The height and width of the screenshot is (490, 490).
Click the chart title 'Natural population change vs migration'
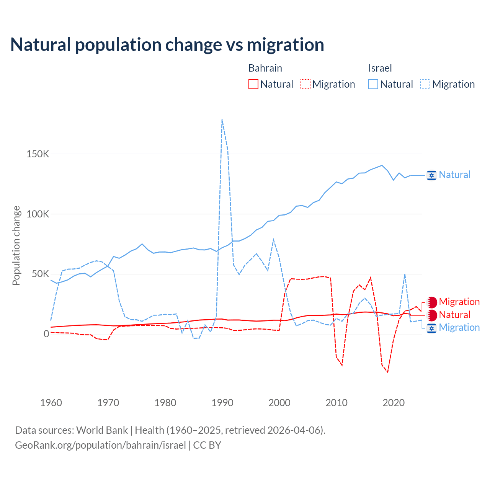pyautogui.click(x=167, y=45)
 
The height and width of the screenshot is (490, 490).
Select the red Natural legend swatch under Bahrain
pyautogui.click(x=253, y=84)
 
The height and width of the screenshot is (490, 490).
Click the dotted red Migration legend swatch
pyautogui.click(x=305, y=84)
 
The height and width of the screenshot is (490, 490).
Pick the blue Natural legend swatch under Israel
pyautogui.click(x=373, y=84)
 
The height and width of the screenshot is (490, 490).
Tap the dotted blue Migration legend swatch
pyautogui.click(x=425, y=84)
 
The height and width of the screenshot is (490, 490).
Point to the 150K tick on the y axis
pyautogui.click(x=38, y=154)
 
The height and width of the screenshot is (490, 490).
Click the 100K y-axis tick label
pyautogui.click(x=38, y=214)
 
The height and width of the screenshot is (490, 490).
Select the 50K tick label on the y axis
pyautogui.click(x=40, y=274)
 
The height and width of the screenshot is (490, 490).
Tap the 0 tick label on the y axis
pyautogui.click(x=46, y=334)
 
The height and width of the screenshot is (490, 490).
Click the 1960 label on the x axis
pyautogui.click(x=51, y=403)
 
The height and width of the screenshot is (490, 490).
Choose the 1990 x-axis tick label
pyautogui.click(x=222, y=403)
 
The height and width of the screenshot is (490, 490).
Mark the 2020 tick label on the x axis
pyautogui.click(x=394, y=403)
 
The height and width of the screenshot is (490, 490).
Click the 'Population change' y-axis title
pyautogui.click(x=16, y=246)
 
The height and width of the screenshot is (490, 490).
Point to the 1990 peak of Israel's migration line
pyautogui.click(x=222, y=120)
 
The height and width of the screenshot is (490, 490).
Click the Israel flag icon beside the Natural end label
pyautogui.click(x=431, y=175)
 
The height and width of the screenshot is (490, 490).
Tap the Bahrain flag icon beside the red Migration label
pyautogui.click(x=432, y=302)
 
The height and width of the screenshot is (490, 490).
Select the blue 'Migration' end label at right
pyautogui.click(x=459, y=328)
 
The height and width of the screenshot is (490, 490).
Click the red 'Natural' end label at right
pyautogui.click(x=454, y=315)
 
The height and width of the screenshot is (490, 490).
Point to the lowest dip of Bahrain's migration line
pyautogui.click(x=388, y=372)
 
